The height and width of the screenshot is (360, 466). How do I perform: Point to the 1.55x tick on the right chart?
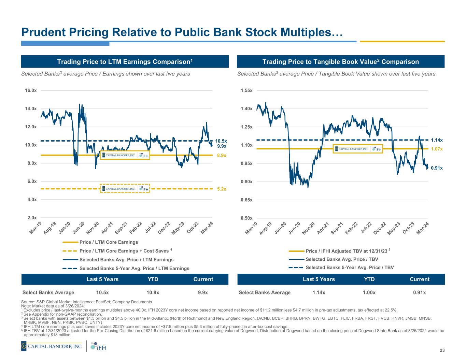[x=246, y=90]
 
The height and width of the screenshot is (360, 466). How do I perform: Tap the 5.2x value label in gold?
[x=222, y=189]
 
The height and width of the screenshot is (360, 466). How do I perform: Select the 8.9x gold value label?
[x=222, y=155]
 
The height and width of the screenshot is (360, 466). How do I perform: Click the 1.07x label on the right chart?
[x=437, y=149]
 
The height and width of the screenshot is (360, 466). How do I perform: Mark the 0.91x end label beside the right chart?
[x=437, y=168]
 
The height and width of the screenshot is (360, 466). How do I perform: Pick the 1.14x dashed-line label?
[x=437, y=140]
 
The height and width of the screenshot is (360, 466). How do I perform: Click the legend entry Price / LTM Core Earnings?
[x=109, y=242]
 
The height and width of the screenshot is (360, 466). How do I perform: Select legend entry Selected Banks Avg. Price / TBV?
[x=342, y=259]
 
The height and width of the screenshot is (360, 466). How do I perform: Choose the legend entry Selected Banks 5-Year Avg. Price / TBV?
[x=350, y=268]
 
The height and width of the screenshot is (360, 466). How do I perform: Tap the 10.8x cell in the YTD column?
[x=153, y=292]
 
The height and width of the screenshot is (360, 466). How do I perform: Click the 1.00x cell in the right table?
[x=369, y=292]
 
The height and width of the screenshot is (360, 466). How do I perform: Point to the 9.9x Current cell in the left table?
[x=203, y=292]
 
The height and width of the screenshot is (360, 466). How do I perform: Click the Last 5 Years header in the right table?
[x=319, y=279]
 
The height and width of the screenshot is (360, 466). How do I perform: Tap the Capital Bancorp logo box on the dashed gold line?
[x=125, y=189]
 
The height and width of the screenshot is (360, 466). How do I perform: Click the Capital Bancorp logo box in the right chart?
[x=358, y=149]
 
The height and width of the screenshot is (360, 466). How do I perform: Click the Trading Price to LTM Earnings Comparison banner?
[x=125, y=62]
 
